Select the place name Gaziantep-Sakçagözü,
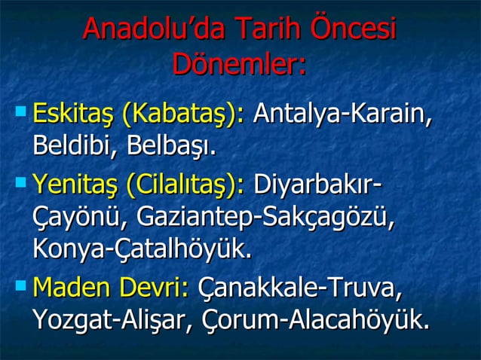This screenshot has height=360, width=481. (266, 217)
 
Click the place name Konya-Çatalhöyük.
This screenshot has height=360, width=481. (142, 249)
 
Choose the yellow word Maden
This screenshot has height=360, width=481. (72, 288)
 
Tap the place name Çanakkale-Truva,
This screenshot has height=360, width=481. (299, 288)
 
